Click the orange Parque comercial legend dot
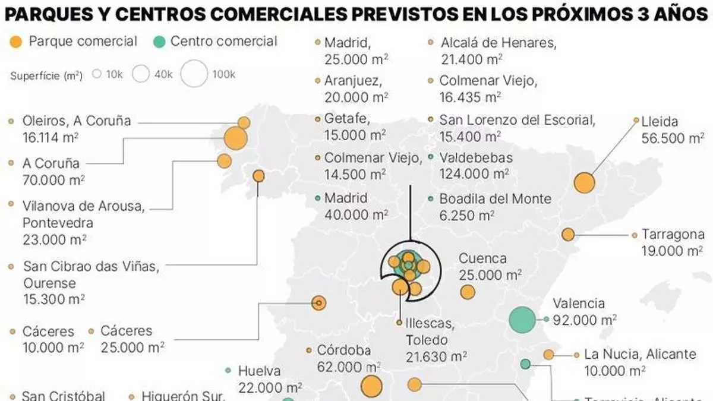17,42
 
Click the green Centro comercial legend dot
159,42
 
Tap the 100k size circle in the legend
194,74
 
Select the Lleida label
660,122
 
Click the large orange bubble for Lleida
585,182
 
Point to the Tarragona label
673,234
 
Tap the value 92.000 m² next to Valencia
584,320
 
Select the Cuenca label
482,258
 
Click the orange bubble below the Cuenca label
468,292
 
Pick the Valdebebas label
475,158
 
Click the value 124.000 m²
474,173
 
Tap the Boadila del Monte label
496,199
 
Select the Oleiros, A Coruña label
77,121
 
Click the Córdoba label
343,350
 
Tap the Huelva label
259,371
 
